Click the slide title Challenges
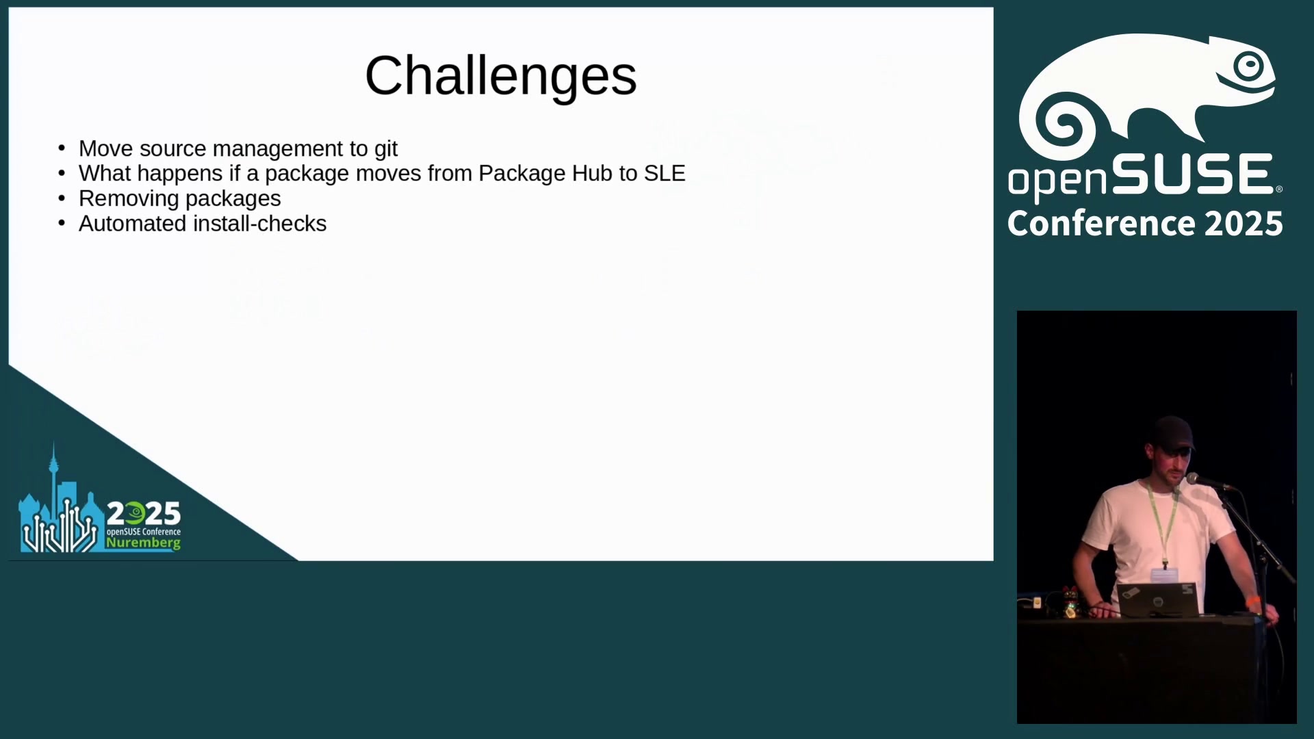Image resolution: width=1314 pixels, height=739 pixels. tap(500, 77)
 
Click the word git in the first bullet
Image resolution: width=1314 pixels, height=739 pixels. tap(385, 149)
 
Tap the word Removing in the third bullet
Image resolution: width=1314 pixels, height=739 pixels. tap(129, 199)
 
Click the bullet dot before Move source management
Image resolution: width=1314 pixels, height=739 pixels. tap(62, 148)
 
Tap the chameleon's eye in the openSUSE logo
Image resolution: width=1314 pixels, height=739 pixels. tap(1250, 66)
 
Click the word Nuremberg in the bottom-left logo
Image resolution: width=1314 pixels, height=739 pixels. tap(143, 543)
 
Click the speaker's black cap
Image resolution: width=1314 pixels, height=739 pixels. tap(1172, 434)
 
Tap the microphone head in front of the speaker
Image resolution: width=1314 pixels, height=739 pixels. tap(1194, 479)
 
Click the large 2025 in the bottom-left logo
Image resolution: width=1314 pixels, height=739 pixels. tap(144, 513)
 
